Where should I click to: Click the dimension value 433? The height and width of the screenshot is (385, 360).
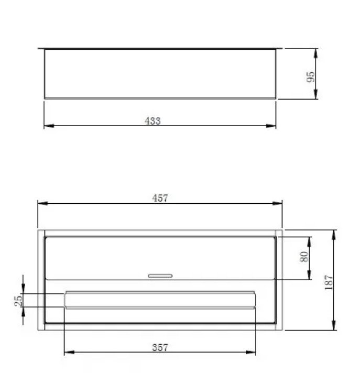pos(152,121)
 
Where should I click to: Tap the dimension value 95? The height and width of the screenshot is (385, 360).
pos(311,77)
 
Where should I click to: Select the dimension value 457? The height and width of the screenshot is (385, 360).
pos(160,198)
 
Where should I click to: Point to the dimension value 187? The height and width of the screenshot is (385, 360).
pos(329,282)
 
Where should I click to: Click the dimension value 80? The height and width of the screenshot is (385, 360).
pos(304,257)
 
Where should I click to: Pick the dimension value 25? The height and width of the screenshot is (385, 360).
pos(18,301)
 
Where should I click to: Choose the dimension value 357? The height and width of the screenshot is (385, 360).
pos(160,347)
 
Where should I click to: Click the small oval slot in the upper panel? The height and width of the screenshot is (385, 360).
pos(160,276)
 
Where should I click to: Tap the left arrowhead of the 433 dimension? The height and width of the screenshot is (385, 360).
pos(49,126)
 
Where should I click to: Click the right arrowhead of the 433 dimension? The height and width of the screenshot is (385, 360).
pos(271,126)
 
